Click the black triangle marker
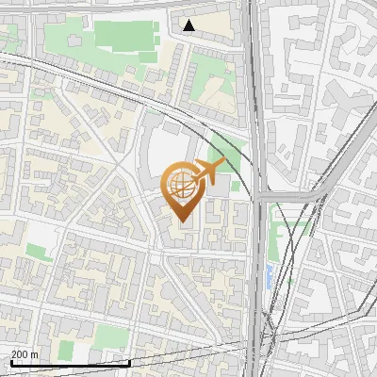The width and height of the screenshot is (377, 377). pyautogui.click(x=189, y=25)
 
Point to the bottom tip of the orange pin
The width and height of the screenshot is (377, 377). pyautogui.click(x=179, y=221)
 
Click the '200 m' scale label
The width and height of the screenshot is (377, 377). pyautogui.click(x=25, y=354)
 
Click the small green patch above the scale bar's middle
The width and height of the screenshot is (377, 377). pyautogui.click(x=65, y=350)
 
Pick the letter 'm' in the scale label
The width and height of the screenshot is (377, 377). pyautogui.click(x=35, y=354)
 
